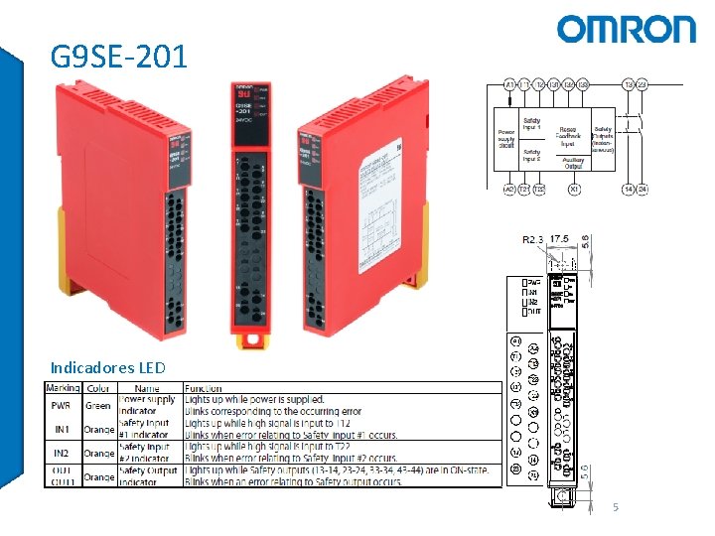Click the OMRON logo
[x=626, y=29]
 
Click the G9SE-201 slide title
[x=119, y=57]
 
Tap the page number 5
[x=616, y=508]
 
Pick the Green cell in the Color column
[x=98, y=405]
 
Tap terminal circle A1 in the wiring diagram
[x=509, y=85]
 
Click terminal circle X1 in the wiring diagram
[x=574, y=189]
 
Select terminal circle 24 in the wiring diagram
[x=643, y=189]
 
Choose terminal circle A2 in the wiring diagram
[x=509, y=189]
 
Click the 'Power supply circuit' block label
[x=506, y=138]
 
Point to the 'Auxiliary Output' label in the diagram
[x=574, y=162]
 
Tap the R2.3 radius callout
[x=532, y=239]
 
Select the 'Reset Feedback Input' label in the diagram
[x=567, y=135]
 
